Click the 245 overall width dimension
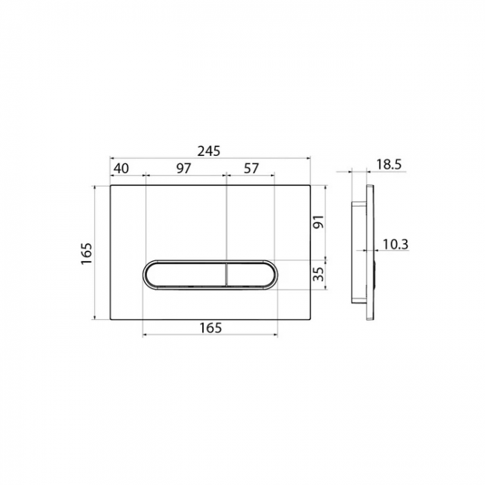pyautogui.click(x=209, y=151)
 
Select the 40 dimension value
pyautogui.click(x=121, y=169)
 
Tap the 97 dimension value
pyautogui.click(x=184, y=169)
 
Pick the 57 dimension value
pyautogui.click(x=251, y=169)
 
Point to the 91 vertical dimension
pyautogui.click(x=319, y=222)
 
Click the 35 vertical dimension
pyautogui.click(x=319, y=274)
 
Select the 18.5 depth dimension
pyautogui.click(x=389, y=165)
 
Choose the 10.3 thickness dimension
pyautogui.click(x=395, y=244)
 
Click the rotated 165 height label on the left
pyautogui.click(x=87, y=254)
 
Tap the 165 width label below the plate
pyautogui.click(x=210, y=328)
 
